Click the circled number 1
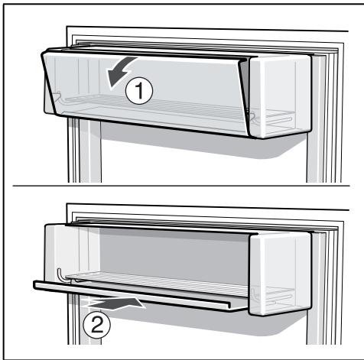139,91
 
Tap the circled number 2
97,325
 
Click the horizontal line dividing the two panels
181,186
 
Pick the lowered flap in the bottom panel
140,296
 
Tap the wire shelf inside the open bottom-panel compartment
156,282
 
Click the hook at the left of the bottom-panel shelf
62,276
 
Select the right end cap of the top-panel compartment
280,96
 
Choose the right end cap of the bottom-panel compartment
280,274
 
